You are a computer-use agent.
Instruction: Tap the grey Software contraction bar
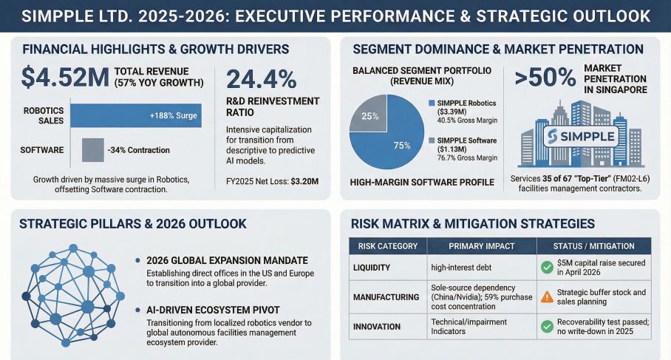(91, 150)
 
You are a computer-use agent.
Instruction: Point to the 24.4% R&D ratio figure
(261, 78)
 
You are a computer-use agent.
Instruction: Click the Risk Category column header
(387, 246)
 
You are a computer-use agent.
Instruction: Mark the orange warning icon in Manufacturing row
(548, 296)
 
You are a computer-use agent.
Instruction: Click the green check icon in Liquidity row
(548, 267)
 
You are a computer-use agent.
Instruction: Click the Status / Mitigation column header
(593, 246)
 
